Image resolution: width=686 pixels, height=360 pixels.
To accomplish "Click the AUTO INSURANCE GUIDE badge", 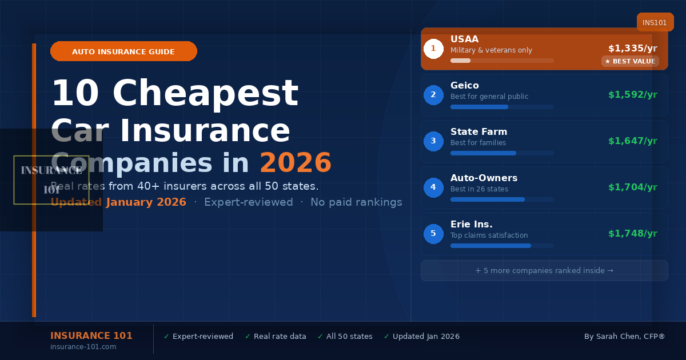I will (x=123, y=51).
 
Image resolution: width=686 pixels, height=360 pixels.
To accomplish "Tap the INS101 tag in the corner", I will (x=655, y=23).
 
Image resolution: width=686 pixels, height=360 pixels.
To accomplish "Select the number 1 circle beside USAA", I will (x=433, y=49).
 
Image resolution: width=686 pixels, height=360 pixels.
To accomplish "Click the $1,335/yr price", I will (x=632, y=49).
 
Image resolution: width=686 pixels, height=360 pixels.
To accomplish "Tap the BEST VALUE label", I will (x=630, y=61).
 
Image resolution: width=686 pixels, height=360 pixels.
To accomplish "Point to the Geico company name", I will (x=465, y=86).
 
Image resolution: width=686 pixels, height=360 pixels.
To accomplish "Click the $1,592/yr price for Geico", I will (x=632, y=95).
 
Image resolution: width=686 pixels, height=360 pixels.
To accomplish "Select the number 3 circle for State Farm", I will (x=433, y=141).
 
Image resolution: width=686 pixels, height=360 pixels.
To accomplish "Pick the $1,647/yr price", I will (x=632, y=141).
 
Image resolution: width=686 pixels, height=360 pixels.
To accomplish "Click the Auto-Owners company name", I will (x=484, y=178).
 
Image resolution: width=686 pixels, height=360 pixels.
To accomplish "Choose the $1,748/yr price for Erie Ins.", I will (x=632, y=234).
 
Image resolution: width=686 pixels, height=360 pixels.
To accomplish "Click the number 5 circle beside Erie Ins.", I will (x=433, y=234).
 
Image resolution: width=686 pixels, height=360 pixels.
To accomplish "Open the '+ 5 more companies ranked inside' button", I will (x=544, y=271).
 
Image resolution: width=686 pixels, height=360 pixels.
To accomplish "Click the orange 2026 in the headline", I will (x=295, y=163).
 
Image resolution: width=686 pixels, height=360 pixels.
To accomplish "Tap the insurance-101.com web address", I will (x=83, y=347).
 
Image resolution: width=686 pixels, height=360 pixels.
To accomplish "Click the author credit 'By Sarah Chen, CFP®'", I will (x=624, y=337).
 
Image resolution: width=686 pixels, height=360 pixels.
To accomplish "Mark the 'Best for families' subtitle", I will (x=478, y=143).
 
